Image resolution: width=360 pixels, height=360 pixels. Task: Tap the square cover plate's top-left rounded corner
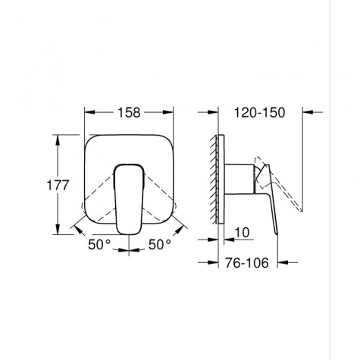(90, 141)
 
